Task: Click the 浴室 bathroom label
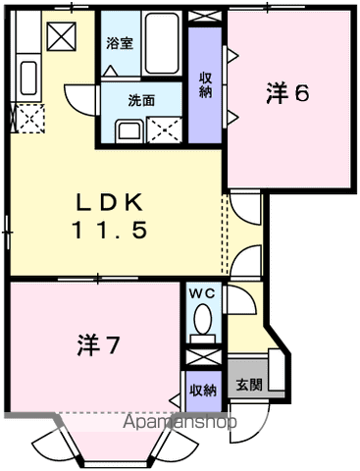(120, 43)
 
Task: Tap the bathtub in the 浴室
(163, 43)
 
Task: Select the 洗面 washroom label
(141, 101)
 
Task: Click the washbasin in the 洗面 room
(129, 131)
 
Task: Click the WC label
(203, 293)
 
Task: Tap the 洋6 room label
(287, 93)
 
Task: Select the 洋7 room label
(98, 345)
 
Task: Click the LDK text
(110, 203)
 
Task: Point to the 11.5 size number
(110, 230)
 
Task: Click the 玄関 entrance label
(249, 385)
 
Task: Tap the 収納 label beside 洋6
(206, 85)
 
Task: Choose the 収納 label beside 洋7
(203, 391)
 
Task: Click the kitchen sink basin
(28, 78)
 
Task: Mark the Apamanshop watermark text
(180, 422)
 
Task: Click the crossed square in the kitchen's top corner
(62, 36)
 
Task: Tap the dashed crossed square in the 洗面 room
(164, 130)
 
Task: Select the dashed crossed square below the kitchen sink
(29, 119)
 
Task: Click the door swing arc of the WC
(243, 299)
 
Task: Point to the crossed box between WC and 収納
(203, 357)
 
